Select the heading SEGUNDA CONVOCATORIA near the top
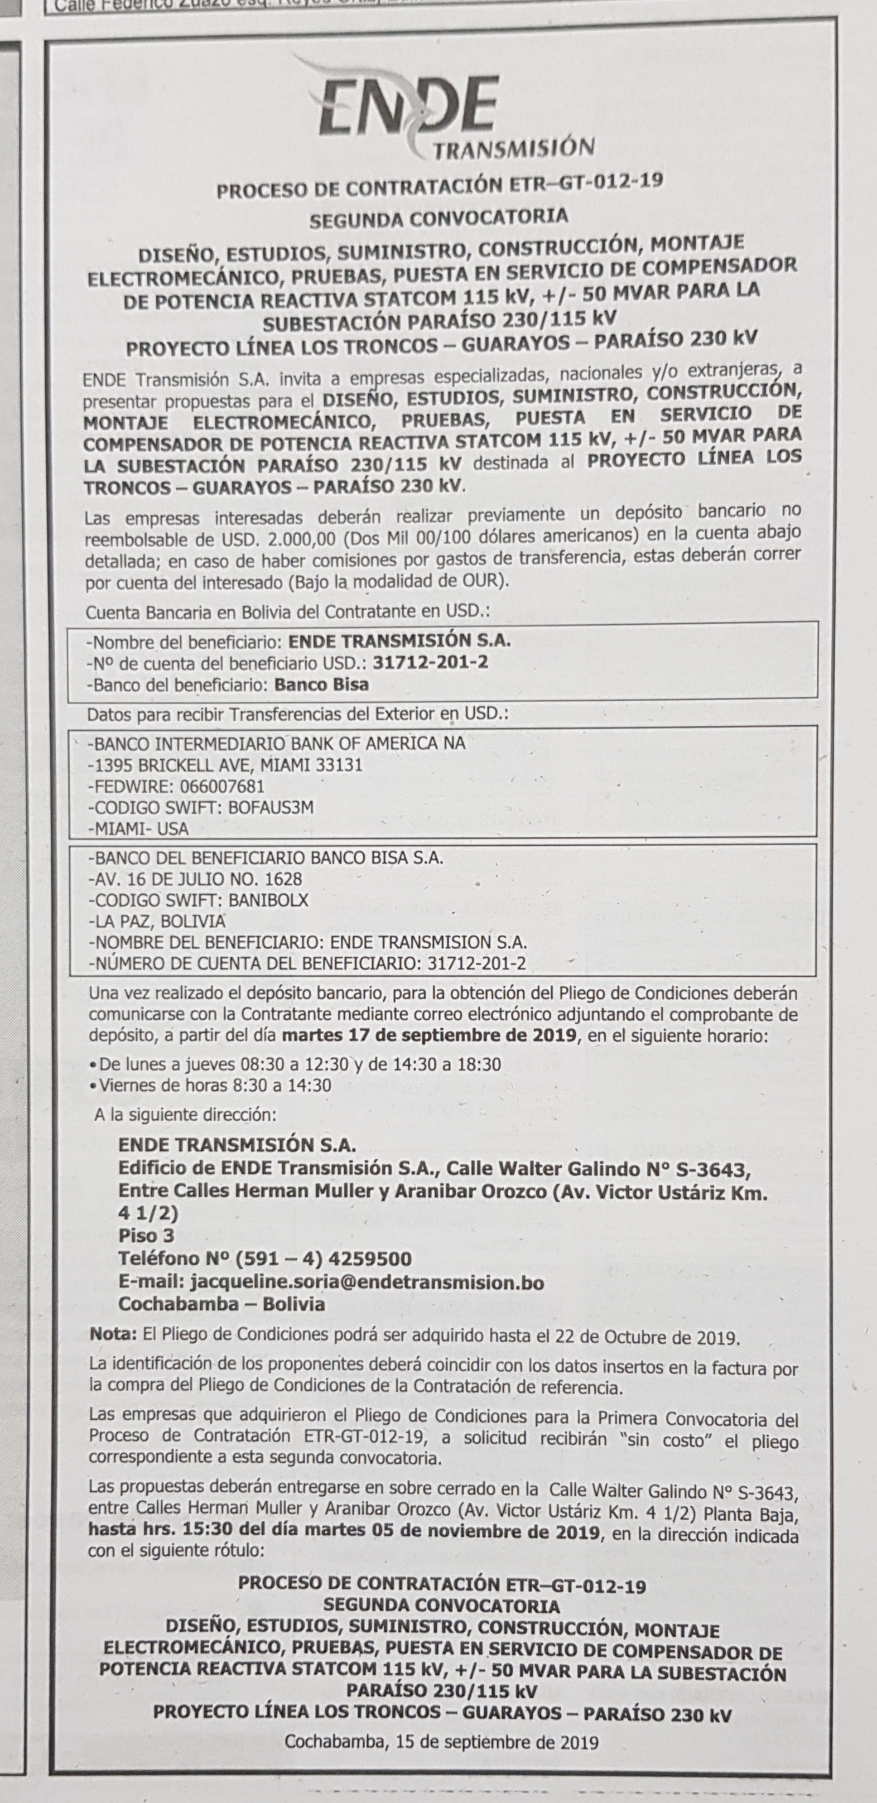click(439, 218)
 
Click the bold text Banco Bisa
click(321, 684)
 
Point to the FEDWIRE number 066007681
click(222, 785)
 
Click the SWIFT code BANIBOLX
click(269, 900)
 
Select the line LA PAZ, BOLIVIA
click(157, 921)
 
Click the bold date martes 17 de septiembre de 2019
click(430, 1036)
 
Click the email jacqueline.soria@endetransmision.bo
click(366, 1283)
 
